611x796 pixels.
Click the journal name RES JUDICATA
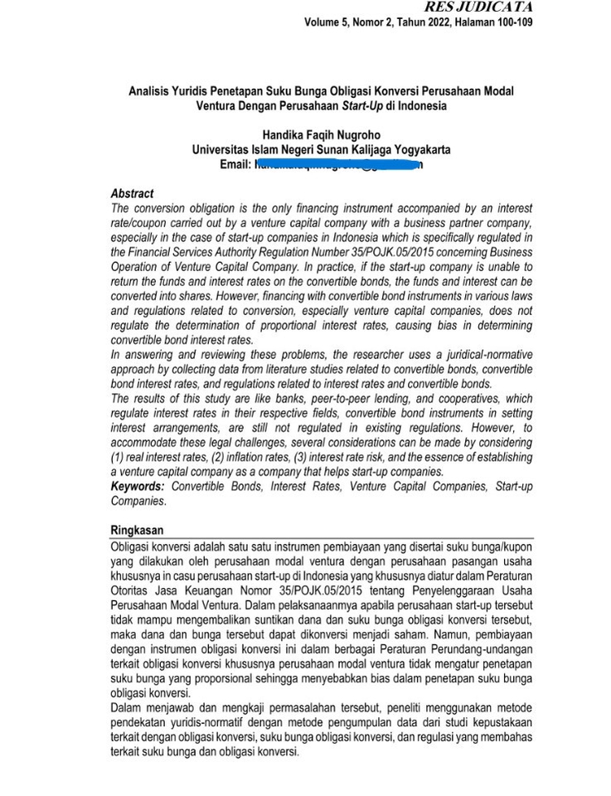[478, 7]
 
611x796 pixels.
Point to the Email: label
[235, 165]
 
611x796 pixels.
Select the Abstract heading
[132, 194]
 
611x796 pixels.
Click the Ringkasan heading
[137, 530]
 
